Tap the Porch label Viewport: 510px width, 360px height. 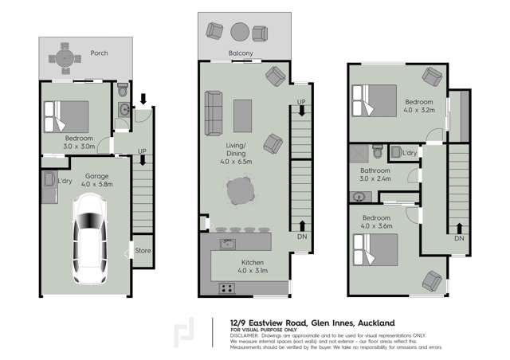pos(99,53)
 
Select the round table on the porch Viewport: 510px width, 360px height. pos(61,58)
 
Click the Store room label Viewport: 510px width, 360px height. pos(143,251)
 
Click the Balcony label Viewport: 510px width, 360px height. pos(240,53)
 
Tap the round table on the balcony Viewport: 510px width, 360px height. pos(240,32)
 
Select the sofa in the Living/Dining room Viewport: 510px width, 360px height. pos(213,114)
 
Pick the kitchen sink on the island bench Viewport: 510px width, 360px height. pos(227,242)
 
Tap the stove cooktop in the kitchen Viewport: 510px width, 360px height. pos(226,288)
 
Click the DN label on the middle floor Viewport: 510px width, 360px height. pos(300,237)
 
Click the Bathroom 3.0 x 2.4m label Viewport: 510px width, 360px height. pos(375,174)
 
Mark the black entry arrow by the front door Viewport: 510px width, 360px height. pos(143,100)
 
